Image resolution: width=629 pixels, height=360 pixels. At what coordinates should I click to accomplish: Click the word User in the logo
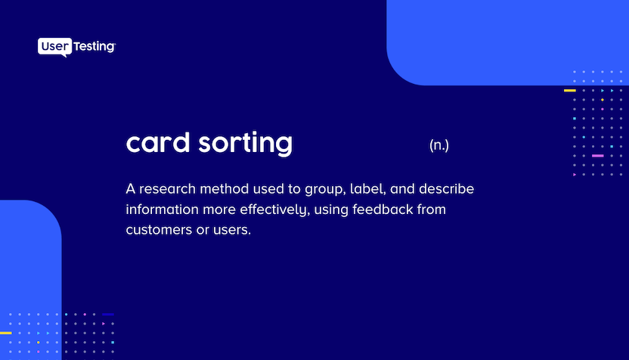pos(53,47)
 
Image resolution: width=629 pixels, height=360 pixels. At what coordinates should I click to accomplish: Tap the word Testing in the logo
pos(93,47)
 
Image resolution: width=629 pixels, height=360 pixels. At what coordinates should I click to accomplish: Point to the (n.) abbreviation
pos(438,145)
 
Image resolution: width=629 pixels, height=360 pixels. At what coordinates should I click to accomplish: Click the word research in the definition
pos(168,188)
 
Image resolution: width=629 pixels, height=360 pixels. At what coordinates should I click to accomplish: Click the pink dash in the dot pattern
pos(597,156)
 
